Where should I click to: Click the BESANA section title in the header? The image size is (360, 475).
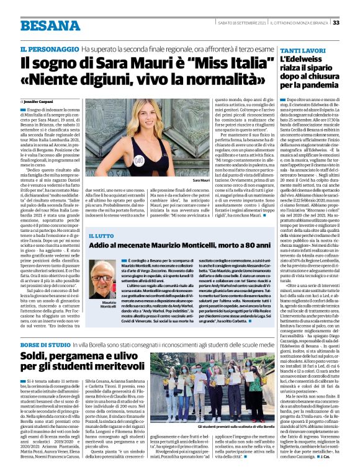[50, 25]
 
